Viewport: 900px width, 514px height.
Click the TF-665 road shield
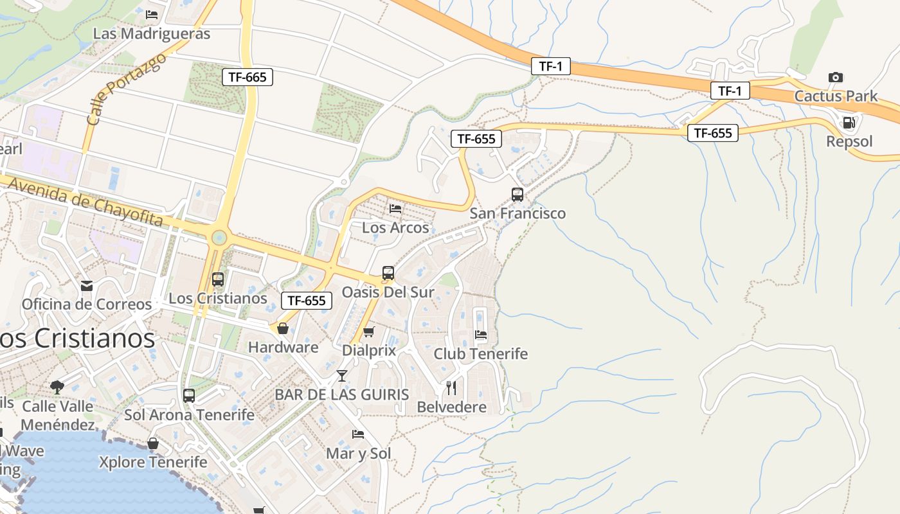coord(248,77)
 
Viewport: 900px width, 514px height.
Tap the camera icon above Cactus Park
coord(836,78)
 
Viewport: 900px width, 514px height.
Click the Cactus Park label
coord(836,96)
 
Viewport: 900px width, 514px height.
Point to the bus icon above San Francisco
coord(517,194)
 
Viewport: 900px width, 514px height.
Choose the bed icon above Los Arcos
coord(395,209)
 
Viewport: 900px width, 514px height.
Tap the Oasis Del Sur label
coord(388,292)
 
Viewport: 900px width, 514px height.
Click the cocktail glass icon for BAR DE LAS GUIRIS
coord(341,376)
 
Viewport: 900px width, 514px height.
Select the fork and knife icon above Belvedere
coord(451,388)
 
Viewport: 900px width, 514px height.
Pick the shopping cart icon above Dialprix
coord(368,332)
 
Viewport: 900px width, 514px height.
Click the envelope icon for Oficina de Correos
coord(87,286)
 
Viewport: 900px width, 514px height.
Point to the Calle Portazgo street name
coord(126,88)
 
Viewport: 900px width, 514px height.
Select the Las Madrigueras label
coord(152,33)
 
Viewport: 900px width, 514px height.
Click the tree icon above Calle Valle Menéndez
coord(57,387)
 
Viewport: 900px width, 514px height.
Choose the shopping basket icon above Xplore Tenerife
coord(153,444)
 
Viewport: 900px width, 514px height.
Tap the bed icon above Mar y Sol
coord(358,435)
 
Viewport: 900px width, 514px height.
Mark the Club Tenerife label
coord(480,354)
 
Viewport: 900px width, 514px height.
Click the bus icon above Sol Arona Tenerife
coord(189,396)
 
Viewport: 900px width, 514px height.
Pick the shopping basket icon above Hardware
coord(283,329)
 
